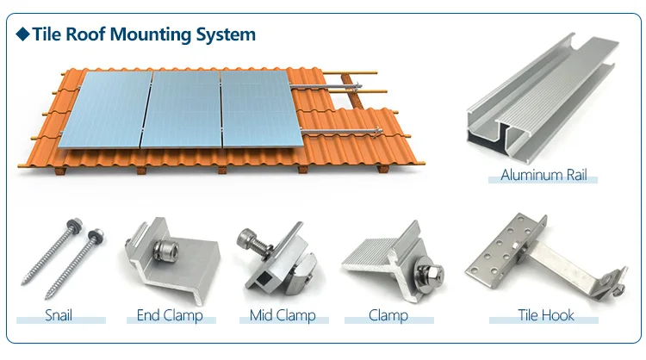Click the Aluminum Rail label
click(544, 176)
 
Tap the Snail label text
click(59, 315)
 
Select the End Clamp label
click(170, 315)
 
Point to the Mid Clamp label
click(283, 315)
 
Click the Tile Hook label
click(545, 315)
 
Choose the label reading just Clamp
click(388, 315)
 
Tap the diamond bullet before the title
click(23, 35)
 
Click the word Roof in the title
click(89, 35)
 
